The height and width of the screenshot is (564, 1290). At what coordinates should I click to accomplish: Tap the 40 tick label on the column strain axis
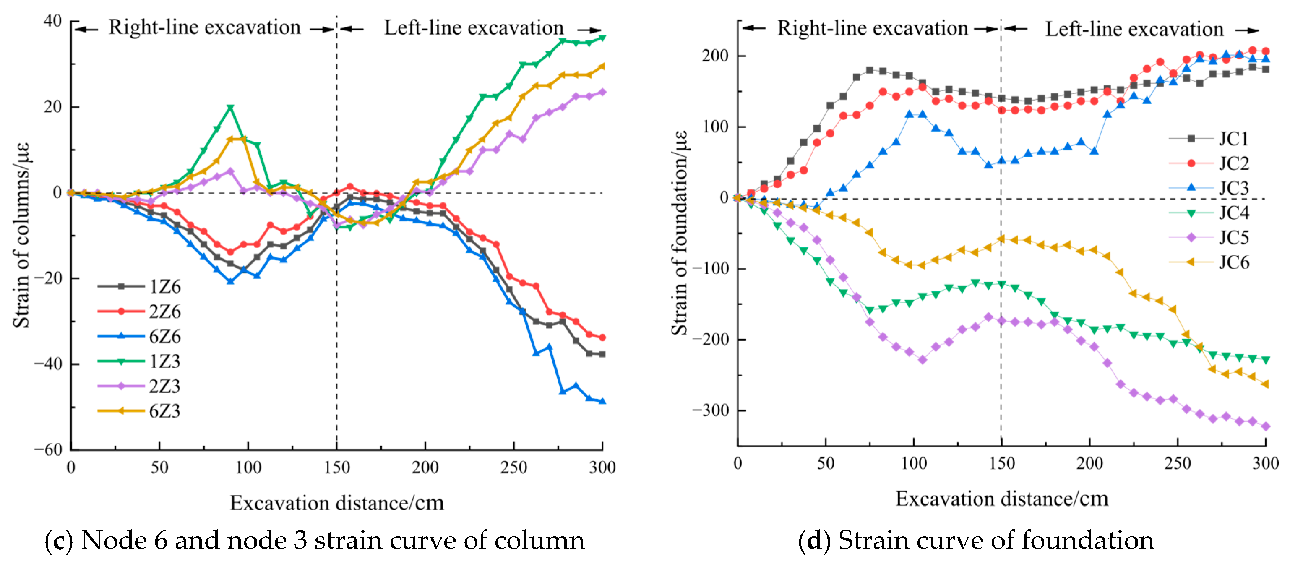pos(53,21)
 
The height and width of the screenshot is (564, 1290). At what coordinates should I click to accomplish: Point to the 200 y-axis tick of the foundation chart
pos(715,56)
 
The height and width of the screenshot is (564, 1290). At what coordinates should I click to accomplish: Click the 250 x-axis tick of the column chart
pos(513,467)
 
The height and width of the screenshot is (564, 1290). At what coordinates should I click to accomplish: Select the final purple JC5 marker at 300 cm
pos(1265,426)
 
